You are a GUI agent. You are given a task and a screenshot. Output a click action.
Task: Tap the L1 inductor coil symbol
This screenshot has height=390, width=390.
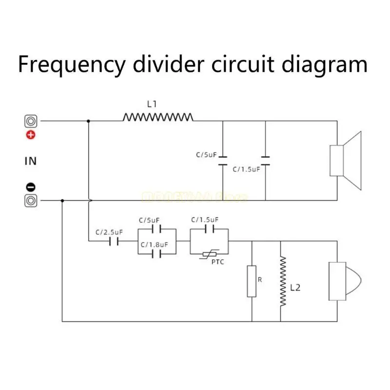click(158, 117)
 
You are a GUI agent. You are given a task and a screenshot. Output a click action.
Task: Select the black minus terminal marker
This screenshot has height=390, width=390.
click(31, 186)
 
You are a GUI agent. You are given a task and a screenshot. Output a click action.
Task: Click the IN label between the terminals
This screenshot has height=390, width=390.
click(31, 160)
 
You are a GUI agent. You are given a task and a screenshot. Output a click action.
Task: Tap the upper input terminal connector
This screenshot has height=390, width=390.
click(31, 120)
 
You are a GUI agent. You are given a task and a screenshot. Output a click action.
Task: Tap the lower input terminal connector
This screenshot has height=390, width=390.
click(31, 200)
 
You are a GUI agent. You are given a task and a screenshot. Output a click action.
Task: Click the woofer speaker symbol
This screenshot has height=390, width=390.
click(346, 160)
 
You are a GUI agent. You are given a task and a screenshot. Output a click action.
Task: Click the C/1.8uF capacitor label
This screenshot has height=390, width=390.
click(154, 245)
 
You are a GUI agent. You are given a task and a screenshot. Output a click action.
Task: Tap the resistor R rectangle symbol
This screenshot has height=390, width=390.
click(252, 281)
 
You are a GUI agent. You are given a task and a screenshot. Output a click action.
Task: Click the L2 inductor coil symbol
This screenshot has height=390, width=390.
click(281, 281)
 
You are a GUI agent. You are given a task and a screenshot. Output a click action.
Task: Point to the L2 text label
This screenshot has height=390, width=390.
click(295, 288)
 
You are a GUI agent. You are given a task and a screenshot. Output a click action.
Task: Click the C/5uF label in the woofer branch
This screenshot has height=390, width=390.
click(206, 155)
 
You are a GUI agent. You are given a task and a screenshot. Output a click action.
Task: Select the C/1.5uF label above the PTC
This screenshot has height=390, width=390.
click(205, 219)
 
